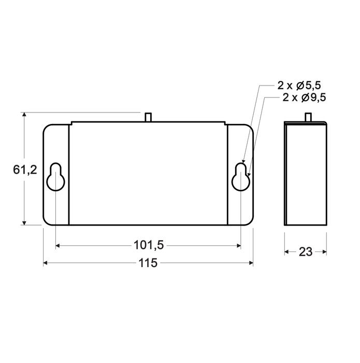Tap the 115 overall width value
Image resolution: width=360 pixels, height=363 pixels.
tap(148, 263)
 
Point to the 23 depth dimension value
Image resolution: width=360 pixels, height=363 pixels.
tap(306, 252)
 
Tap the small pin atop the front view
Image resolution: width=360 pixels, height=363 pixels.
tap(149, 117)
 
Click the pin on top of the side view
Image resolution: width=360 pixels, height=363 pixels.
tap(309, 117)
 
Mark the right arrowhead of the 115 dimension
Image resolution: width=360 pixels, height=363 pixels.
tap(250, 263)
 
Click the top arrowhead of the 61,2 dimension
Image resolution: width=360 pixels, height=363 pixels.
tap(24, 115)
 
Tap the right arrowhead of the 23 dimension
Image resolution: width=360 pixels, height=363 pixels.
tap(324, 252)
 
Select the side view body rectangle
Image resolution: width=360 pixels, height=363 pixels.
tap(306, 174)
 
